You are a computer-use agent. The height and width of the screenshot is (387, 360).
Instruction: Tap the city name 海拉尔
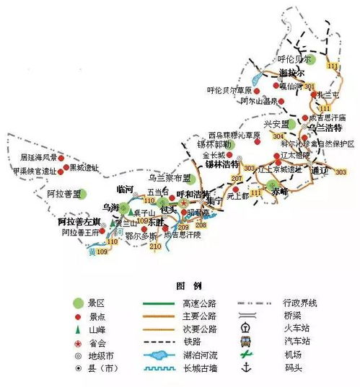[x=291, y=74]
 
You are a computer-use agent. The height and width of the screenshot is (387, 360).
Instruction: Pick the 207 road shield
[x=235, y=178]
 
